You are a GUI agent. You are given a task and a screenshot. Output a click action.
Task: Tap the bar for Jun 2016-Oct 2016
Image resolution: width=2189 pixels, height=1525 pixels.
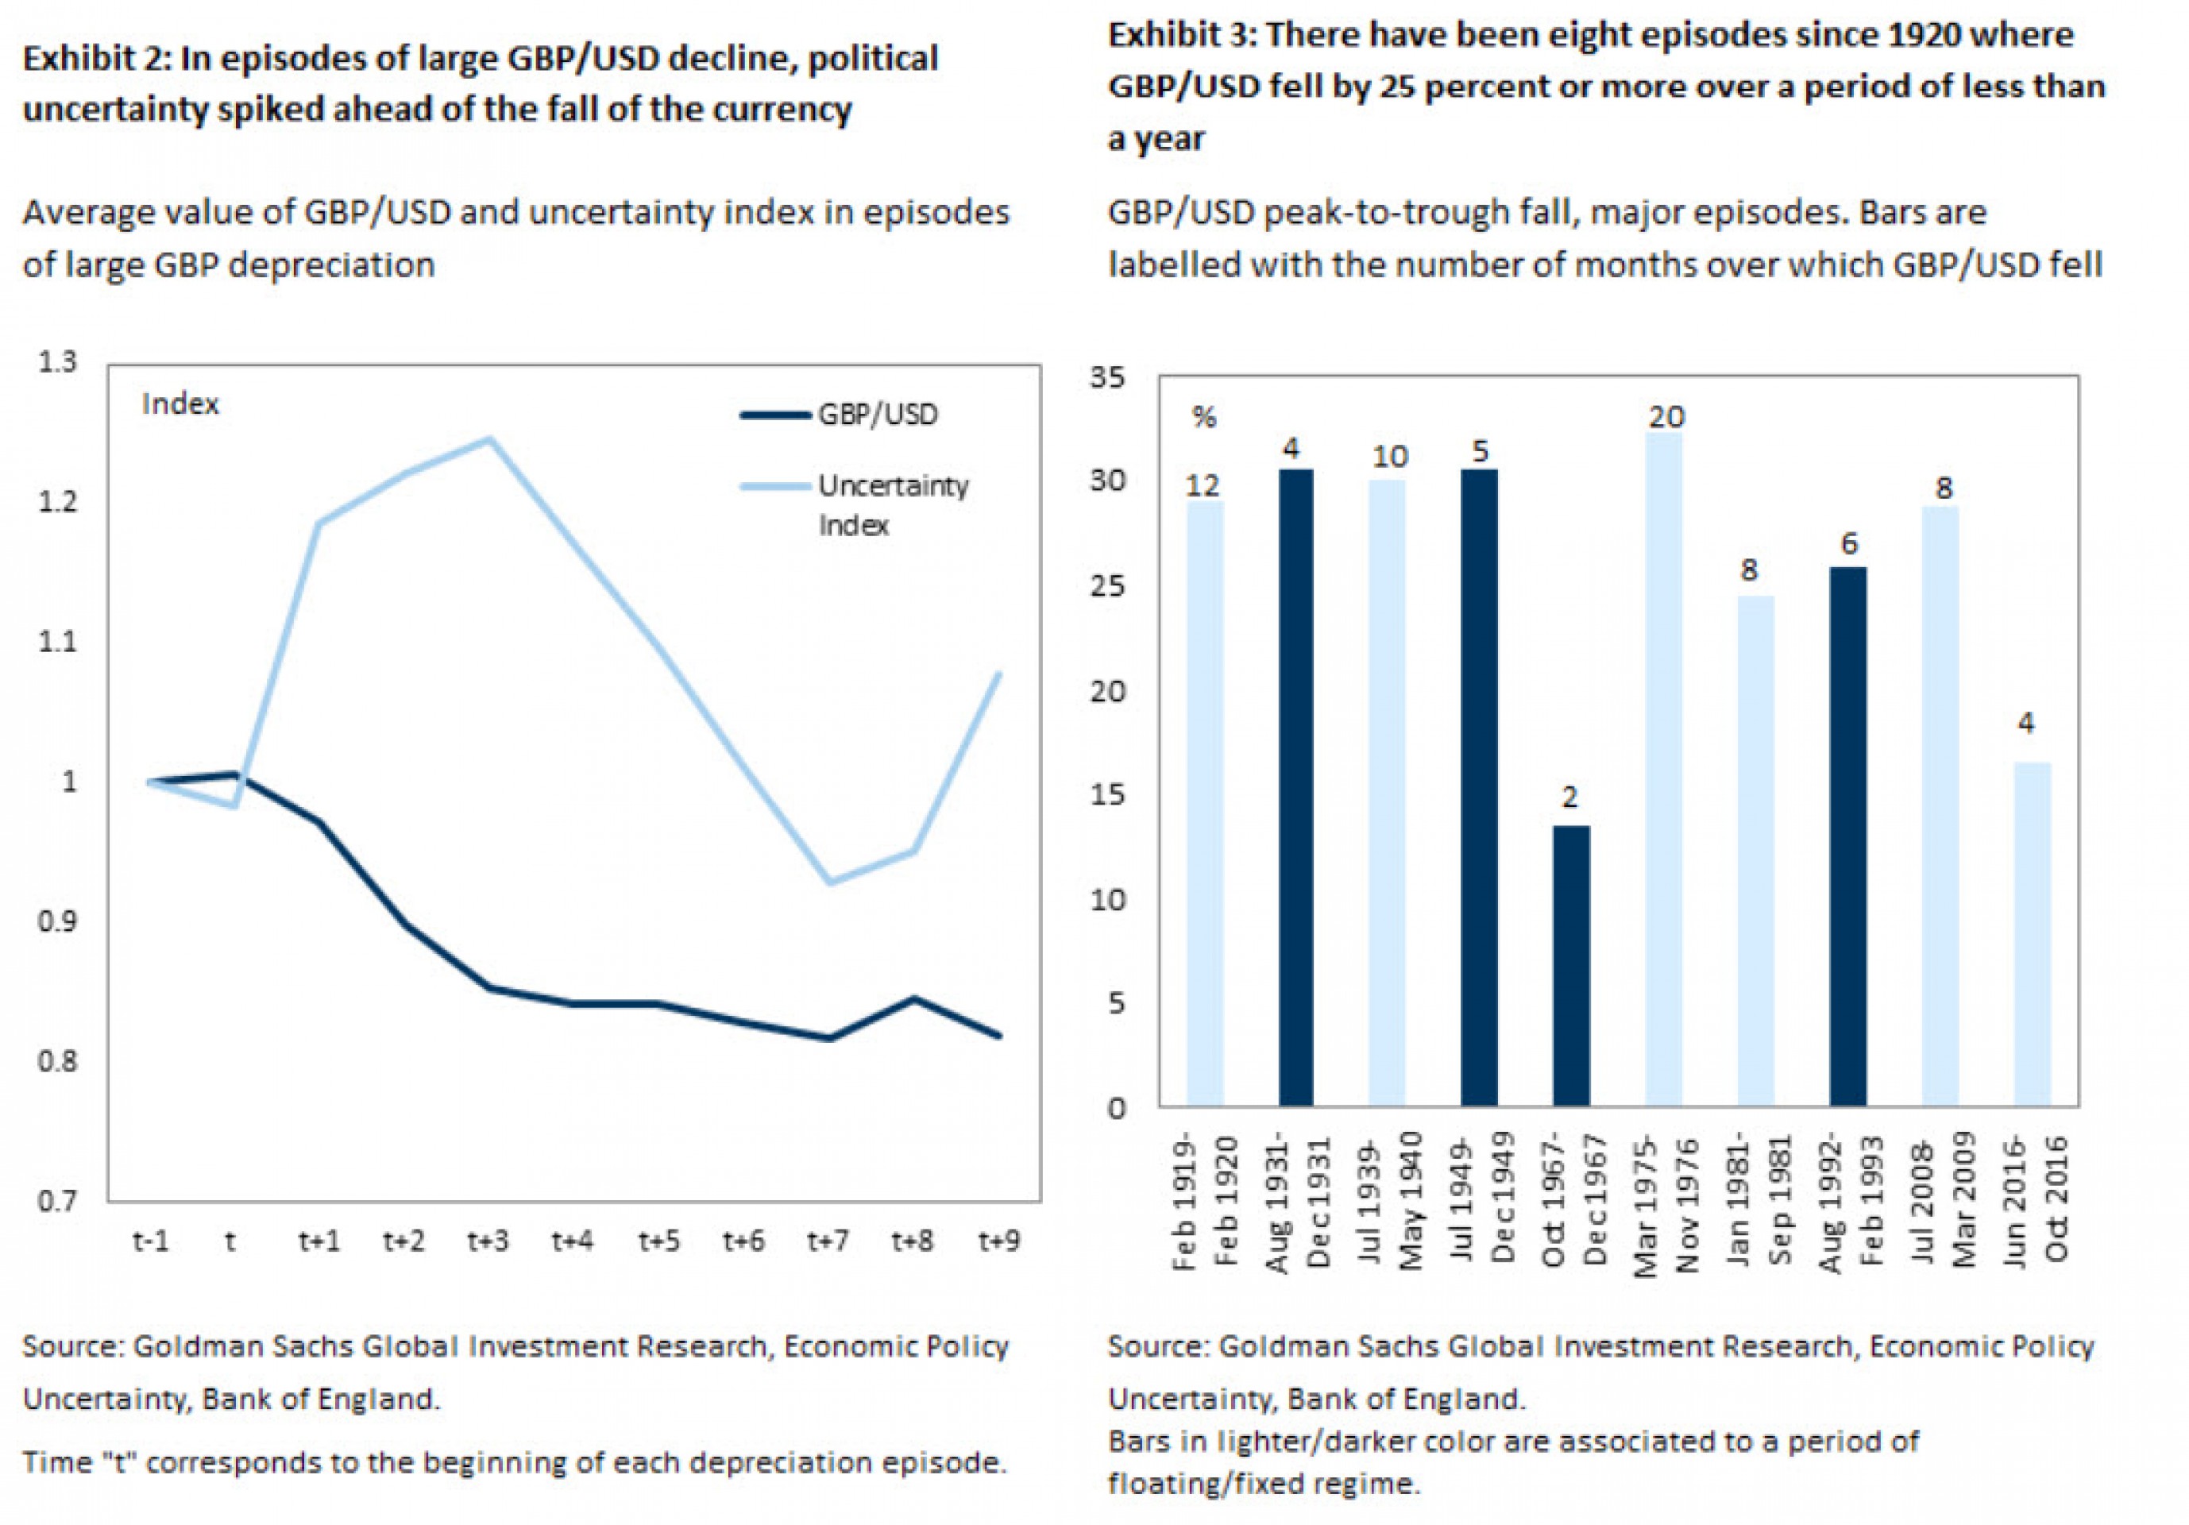tap(2032, 933)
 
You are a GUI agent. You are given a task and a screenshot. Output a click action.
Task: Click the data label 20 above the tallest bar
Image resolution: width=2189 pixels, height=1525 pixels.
tap(1666, 416)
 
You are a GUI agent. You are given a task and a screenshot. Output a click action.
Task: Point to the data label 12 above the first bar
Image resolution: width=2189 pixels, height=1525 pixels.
tap(1203, 486)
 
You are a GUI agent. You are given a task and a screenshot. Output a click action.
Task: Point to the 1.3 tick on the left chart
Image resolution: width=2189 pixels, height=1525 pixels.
tap(57, 362)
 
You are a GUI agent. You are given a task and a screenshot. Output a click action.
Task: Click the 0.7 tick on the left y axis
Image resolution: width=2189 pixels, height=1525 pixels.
tap(57, 1200)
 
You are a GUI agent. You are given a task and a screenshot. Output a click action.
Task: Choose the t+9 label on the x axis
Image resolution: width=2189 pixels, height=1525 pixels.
tap(998, 1241)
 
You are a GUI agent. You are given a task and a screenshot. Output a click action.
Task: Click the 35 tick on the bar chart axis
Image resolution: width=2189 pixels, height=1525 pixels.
tap(1108, 378)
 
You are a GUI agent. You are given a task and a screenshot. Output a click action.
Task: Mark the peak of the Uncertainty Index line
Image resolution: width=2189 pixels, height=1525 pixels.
tap(489, 439)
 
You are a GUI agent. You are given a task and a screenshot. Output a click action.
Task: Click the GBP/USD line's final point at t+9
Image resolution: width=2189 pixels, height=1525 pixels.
tap(998, 1035)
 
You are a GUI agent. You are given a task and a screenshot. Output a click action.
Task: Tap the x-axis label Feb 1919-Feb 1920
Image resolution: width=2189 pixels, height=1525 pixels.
tap(1204, 1201)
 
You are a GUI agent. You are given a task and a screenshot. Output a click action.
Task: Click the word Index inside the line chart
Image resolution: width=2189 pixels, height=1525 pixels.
tap(180, 404)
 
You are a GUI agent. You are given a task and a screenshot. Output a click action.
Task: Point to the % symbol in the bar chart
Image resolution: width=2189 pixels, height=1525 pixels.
tap(1204, 418)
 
